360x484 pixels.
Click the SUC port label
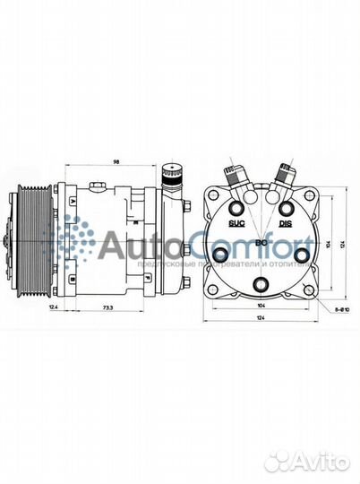tap(236, 221)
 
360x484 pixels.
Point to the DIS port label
tap(286, 221)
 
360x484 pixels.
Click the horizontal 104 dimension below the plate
tap(261, 306)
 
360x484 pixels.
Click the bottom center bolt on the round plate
tap(261, 285)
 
